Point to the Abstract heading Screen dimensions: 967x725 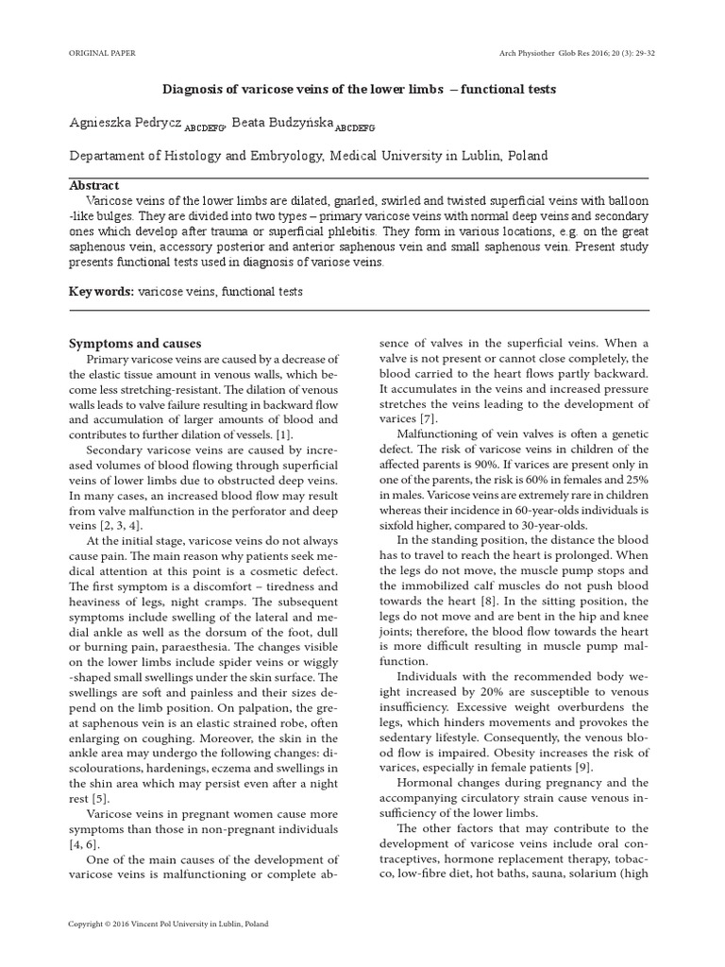pyautogui.click(x=94, y=186)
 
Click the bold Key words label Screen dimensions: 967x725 pyautogui.click(x=101, y=292)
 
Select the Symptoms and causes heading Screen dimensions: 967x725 pyautogui.click(x=136, y=343)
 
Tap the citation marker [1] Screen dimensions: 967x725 pyautogui.click(x=283, y=433)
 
